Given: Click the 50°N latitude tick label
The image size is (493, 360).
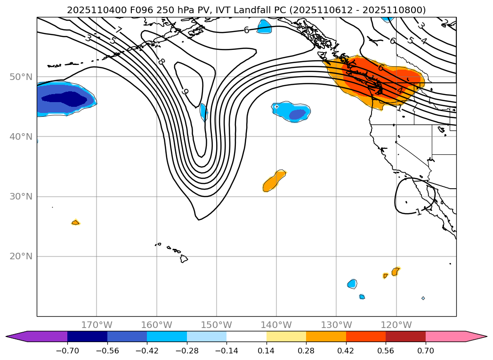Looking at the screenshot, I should (x=21, y=77).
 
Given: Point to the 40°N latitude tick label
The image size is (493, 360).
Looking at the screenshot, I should (x=21, y=137).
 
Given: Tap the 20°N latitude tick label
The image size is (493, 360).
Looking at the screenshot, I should (x=21, y=256).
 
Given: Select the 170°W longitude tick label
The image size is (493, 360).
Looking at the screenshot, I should (x=97, y=325).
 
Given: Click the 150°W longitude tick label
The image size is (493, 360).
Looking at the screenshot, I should (x=217, y=325).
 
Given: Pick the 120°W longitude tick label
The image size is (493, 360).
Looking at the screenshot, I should (x=396, y=325).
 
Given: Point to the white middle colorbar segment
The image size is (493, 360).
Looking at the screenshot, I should (x=246, y=336).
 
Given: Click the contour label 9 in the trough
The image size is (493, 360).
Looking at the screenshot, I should (x=185, y=92).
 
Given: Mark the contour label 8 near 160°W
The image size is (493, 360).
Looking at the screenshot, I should (x=162, y=62).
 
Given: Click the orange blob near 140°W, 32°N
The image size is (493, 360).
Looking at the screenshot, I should (x=274, y=182).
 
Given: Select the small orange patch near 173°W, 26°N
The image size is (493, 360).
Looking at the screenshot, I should (x=75, y=222).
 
